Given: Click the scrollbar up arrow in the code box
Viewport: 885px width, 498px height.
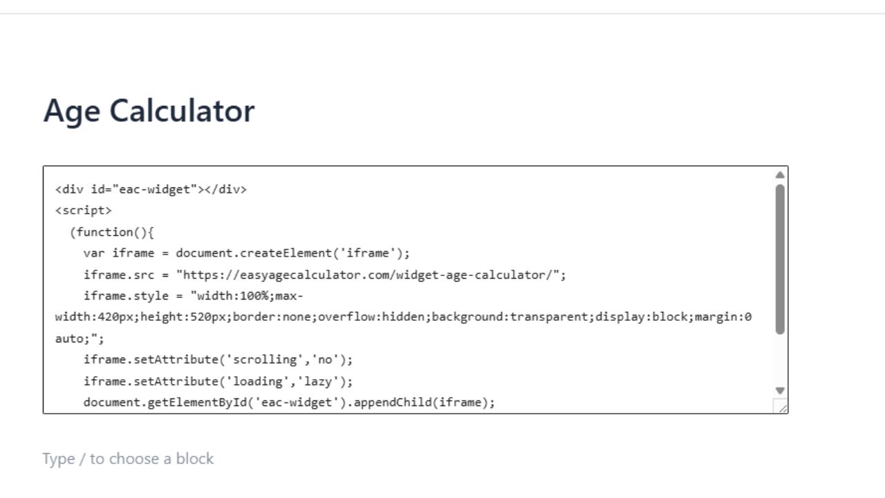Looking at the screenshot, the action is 780,175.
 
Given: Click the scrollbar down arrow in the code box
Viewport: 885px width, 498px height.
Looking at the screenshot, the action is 780,391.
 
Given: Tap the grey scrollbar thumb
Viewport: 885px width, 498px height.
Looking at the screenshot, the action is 780,259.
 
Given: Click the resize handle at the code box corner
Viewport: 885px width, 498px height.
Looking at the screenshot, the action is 781,407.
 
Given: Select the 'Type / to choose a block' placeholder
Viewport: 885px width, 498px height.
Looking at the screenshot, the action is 128,459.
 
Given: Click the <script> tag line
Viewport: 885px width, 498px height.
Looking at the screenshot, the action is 83,210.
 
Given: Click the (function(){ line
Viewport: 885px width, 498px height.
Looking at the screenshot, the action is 111,232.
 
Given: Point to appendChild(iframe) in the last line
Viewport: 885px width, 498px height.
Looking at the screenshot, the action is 423,403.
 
